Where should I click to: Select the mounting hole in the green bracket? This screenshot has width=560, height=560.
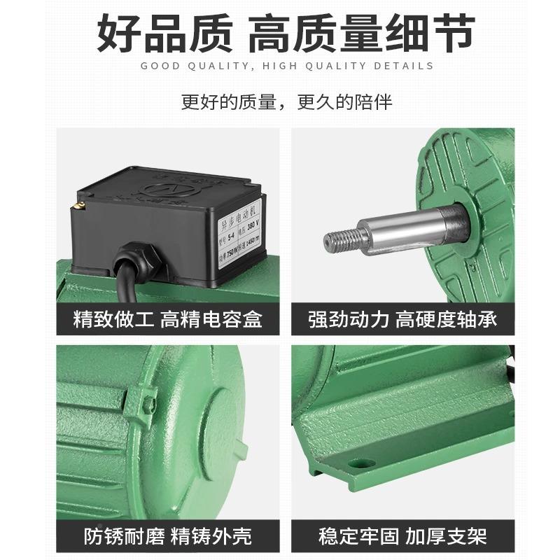(361, 463)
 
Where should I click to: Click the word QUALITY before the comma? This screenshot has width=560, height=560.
(211, 66)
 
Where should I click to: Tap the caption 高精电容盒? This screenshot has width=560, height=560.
(211, 320)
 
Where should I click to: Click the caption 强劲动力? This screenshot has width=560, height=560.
(349, 320)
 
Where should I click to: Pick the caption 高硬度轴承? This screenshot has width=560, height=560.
(447, 320)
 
